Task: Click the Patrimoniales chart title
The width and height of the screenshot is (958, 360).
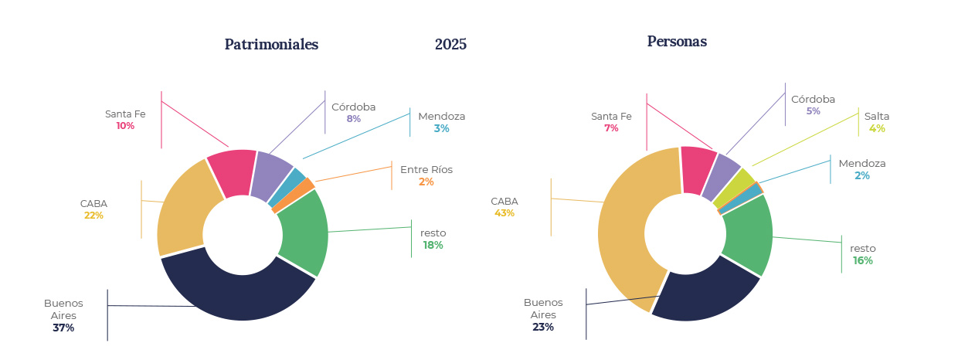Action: [x=271, y=45]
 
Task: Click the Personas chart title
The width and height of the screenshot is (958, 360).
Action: [x=677, y=42]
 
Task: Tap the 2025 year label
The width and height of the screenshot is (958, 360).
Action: [x=450, y=45]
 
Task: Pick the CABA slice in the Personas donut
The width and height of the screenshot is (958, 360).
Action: [x=622, y=232]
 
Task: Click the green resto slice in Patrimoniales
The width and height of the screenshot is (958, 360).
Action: [x=302, y=231]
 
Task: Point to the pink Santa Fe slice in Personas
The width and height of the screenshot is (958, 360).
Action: [x=698, y=169]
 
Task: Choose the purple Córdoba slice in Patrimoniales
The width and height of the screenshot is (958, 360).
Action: [x=271, y=174]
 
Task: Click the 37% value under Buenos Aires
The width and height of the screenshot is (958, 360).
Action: [x=63, y=328]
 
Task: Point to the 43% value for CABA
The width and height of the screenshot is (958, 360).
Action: [x=504, y=213]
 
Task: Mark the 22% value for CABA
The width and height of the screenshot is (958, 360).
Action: [x=93, y=216]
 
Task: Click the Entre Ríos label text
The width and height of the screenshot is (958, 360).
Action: [x=426, y=169]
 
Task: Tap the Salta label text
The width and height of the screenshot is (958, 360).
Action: [x=877, y=117]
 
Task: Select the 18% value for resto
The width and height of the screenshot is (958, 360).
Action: [x=433, y=246]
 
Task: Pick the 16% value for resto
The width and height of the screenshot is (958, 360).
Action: [x=863, y=261]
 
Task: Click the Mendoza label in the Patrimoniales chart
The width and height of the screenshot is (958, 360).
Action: [x=442, y=117]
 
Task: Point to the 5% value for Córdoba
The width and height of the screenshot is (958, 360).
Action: [x=813, y=111]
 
